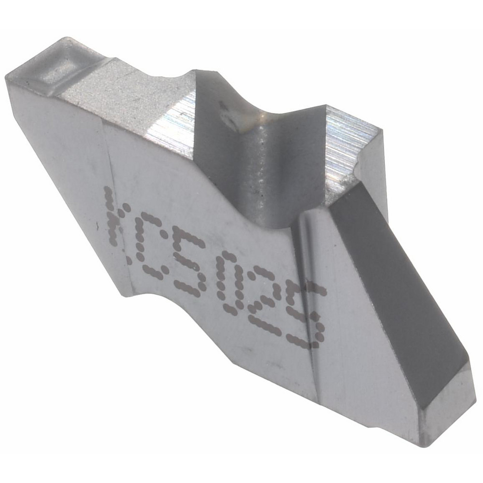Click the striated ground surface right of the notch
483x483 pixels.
coord(348,145)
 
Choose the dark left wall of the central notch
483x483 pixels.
coord(213,145)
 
